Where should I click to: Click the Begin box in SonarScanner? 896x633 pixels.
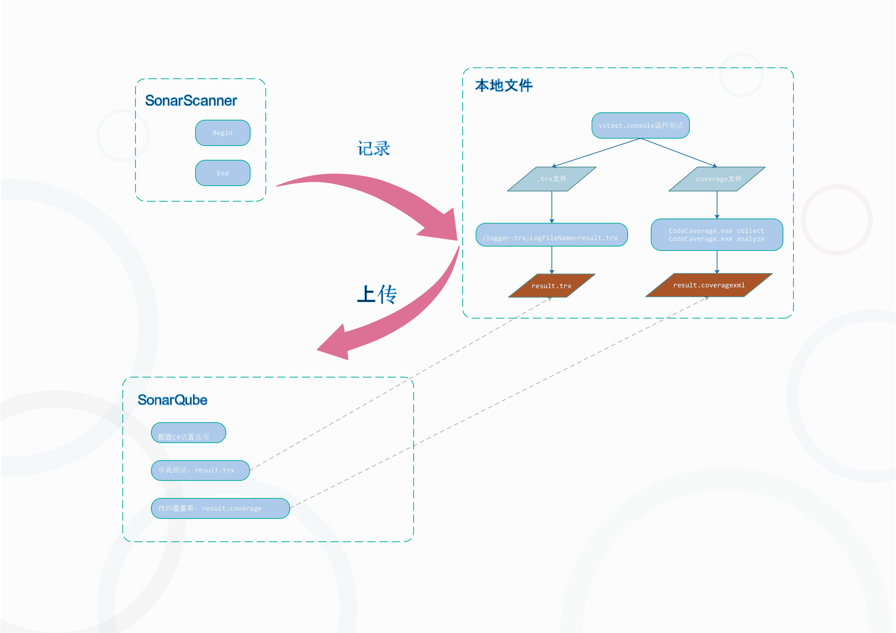coord(222,133)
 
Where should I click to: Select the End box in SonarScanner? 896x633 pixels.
coord(222,173)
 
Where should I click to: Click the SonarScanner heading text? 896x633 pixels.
coord(191,101)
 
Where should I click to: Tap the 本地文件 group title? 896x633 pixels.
coord(503,86)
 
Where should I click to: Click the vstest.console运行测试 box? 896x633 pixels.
coord(640,125)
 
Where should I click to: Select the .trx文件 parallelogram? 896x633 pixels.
coord(551,179)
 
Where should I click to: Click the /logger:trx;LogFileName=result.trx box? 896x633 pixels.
coord(551,235)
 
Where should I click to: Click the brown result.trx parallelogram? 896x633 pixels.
coord(551,286)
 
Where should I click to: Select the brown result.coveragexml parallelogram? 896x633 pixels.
coord(709,285)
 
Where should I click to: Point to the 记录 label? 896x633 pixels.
coord(373,149)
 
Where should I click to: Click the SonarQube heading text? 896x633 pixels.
coord(172,400)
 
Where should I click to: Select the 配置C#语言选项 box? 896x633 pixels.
coord(188,433)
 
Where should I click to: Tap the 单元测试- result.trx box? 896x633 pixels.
coord(200,470)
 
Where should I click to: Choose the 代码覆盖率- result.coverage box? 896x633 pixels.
coord(220,508)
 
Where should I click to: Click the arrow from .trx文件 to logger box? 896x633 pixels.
coord(551,207)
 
